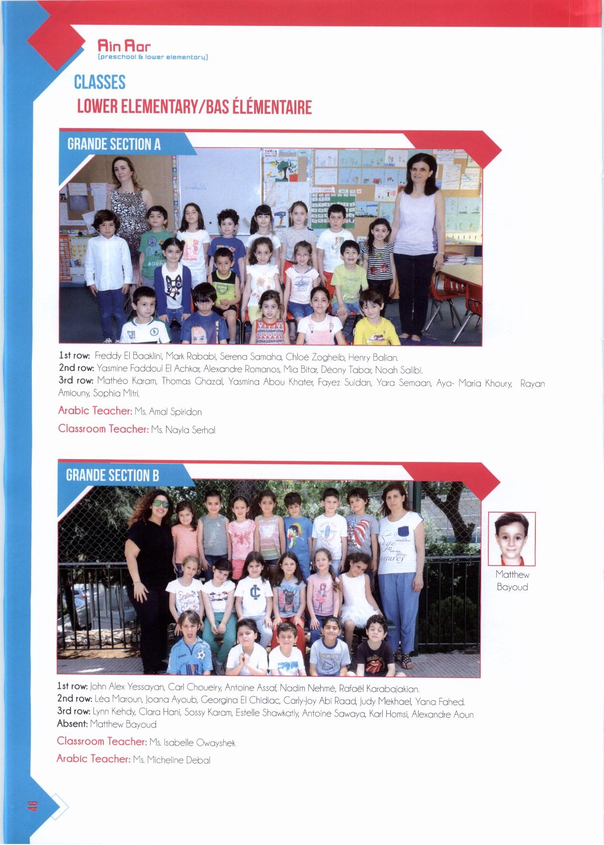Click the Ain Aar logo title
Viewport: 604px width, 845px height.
124,47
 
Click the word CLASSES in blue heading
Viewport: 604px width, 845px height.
99,82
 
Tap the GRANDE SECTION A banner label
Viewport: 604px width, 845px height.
114,144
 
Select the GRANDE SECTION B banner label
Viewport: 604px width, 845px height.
112,475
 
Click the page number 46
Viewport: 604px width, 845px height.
33,805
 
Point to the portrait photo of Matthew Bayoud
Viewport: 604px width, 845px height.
512,539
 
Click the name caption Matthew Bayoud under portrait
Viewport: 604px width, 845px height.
512,580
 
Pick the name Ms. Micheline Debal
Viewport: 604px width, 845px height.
172,760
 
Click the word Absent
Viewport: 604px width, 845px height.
72,724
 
